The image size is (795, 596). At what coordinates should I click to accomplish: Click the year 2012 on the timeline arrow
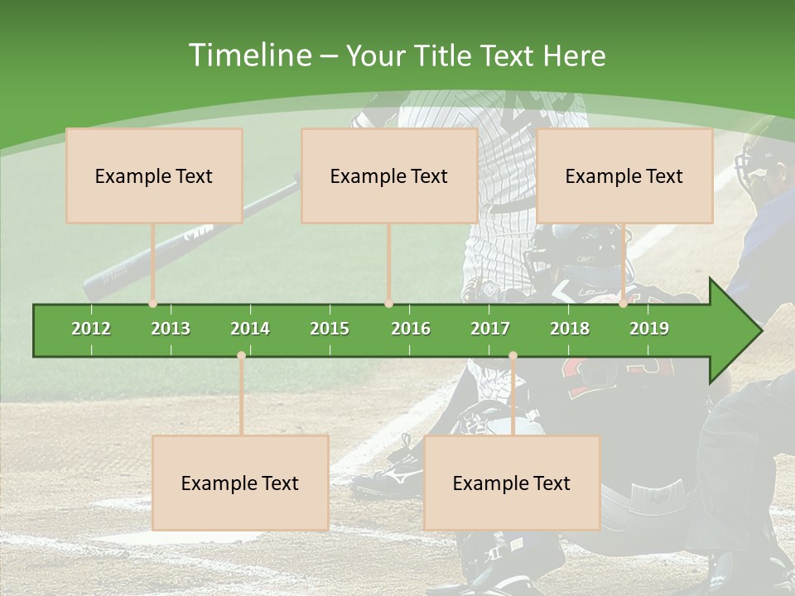91,329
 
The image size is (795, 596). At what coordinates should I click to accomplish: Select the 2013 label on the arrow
171,329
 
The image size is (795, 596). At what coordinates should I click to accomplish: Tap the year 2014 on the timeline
250,329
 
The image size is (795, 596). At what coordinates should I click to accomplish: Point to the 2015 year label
330,329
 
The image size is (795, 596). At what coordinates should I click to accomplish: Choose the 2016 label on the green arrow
411,329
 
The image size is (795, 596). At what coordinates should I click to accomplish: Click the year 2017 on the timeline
490,329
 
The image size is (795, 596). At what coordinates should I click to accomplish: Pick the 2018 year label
570,329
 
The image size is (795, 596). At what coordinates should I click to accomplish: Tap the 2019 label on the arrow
649,329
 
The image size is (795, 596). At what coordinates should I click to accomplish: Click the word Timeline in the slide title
248,55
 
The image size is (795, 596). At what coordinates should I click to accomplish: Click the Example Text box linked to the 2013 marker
154,175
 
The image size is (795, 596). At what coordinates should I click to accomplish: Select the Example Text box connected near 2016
389,175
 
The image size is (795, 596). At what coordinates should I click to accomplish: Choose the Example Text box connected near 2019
624,175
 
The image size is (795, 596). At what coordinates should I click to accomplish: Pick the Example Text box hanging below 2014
240,483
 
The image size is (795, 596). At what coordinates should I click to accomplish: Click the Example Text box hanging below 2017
512,483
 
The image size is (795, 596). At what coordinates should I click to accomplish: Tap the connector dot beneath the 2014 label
241,356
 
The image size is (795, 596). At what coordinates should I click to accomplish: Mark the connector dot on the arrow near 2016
389,304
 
